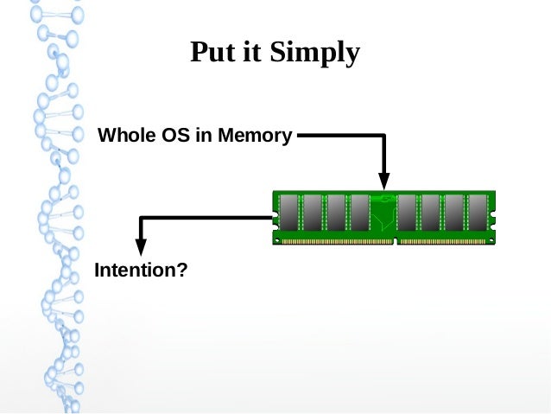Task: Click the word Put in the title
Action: pos(212,54)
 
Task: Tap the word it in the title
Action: pos(255,54)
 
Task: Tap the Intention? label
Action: pos(141,271)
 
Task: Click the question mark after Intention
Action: pos(182,271)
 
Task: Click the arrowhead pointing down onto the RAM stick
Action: pos(384,180)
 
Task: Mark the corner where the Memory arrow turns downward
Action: pos(384,136)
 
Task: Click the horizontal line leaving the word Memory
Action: pos(337,136)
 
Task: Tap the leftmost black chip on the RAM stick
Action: pos(288,213)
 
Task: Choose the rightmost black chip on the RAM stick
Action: pos(478,213)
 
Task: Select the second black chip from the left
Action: pos(313,213)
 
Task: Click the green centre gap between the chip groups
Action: pos(383,216)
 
